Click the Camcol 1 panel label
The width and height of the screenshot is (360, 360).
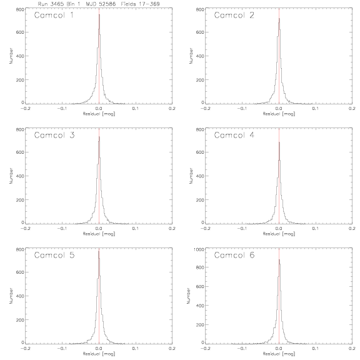[x=54, y=15]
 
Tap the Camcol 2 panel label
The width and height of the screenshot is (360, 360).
[x=234, y=15]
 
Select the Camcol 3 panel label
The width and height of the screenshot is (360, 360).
[x=54, y=135]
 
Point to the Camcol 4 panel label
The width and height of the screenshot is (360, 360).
[x=234, y=135]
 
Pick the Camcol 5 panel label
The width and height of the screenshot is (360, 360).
[x=54, y=255]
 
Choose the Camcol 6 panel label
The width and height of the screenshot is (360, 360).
[x=234, y=255]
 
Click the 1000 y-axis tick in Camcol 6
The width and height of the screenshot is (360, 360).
[x=199, y=249]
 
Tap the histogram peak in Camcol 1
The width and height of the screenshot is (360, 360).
[x=99, y=15]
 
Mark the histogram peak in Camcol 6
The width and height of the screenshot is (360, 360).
[x=279, y=259]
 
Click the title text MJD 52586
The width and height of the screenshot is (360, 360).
[x=101, y=4]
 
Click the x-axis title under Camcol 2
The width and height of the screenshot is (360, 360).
[x=279, y=114]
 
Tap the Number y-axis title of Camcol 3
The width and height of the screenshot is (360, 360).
[x=11, y=176]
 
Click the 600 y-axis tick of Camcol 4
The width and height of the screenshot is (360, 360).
[x=200, y=152]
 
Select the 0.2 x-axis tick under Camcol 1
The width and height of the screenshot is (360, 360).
[x=172, y=108]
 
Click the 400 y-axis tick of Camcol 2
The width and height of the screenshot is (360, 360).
[x=200, y=56]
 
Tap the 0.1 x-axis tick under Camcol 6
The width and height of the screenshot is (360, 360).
[x=316, y=348]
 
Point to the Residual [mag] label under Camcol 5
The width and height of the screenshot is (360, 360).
[x=99, y=354]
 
